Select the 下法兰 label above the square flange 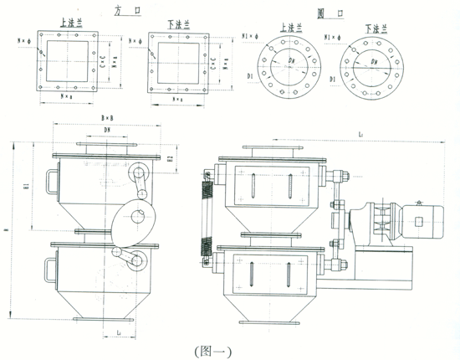tap(171, 26)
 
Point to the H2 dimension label tap(170, 157)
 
